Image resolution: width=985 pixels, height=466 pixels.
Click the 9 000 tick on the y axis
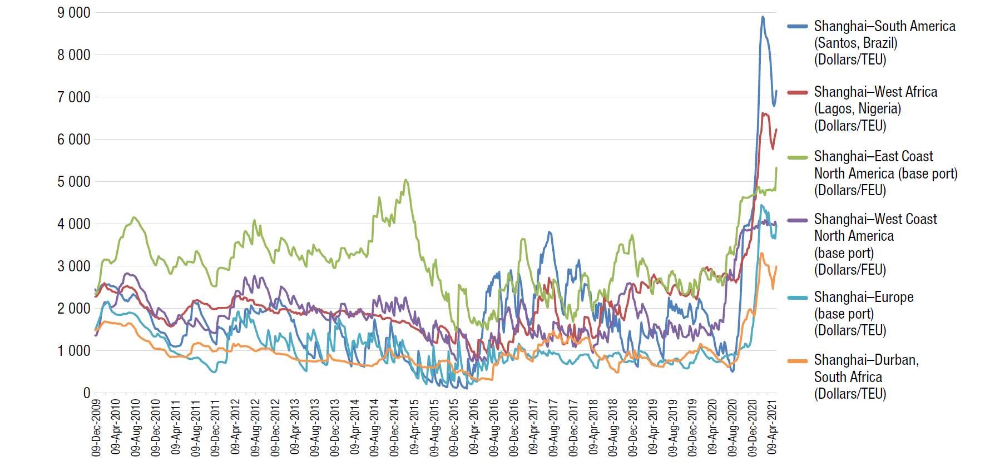click(73, 13)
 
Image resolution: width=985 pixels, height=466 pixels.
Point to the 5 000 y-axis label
click(73, 182)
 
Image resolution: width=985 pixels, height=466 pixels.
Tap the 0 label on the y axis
click(86, 393)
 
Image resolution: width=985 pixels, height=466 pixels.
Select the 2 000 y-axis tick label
click(73, 309)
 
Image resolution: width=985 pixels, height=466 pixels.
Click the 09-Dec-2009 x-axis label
click(96, 427)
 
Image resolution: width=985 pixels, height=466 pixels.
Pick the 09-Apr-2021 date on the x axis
click(772, 427)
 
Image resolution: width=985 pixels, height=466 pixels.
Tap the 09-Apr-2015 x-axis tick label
click(414, 427)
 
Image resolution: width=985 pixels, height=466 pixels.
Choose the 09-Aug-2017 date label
click(553, 427)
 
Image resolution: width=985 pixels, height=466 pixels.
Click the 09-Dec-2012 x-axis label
click(275, 427)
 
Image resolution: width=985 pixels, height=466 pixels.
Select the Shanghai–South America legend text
click(884, 26)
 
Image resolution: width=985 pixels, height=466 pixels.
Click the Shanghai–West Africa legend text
click(875, 92)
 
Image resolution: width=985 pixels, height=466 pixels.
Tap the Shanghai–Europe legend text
click(864, 297)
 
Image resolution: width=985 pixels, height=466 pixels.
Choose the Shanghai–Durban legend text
click(866, 360)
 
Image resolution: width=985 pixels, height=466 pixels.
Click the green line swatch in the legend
click(798, 157)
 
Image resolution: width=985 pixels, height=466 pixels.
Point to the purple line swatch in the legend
click(798, 220)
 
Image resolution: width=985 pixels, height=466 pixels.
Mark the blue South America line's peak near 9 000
click(763, 17)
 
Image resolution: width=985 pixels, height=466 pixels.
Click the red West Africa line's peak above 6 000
click(764, 114)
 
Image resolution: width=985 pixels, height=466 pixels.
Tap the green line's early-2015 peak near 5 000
click(406, 180)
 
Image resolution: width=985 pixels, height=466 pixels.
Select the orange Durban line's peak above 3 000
click(761, 254)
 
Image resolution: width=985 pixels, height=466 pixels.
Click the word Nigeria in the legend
click(879, 108)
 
